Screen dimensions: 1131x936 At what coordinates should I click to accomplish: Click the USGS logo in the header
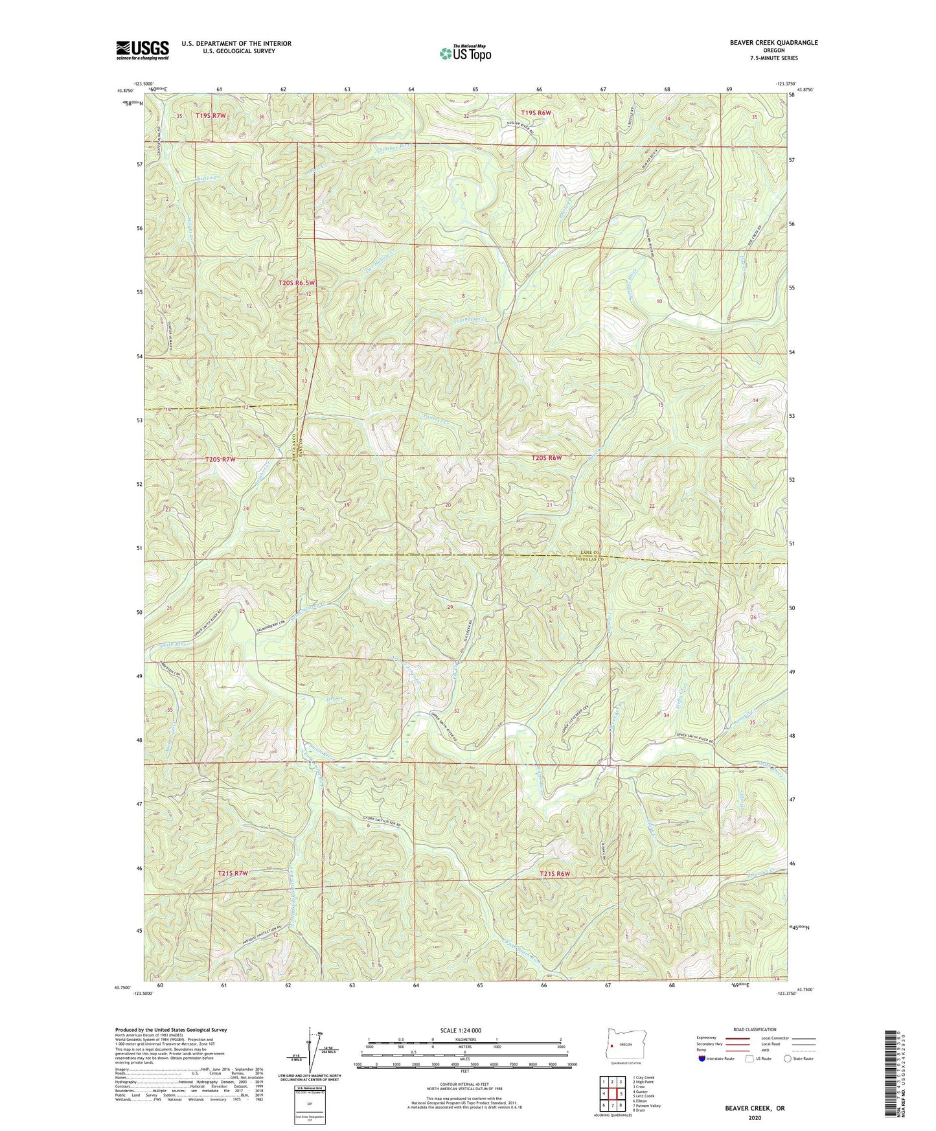(143, 49)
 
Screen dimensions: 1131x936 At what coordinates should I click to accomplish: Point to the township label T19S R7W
(211, 115)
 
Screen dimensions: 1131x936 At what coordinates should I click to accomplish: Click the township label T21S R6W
(555, 874)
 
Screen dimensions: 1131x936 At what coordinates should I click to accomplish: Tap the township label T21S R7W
(233, 873)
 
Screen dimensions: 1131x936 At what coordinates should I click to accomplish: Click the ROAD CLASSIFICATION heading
(755, 1029)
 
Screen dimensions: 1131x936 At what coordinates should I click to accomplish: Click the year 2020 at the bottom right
(755, 1117)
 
